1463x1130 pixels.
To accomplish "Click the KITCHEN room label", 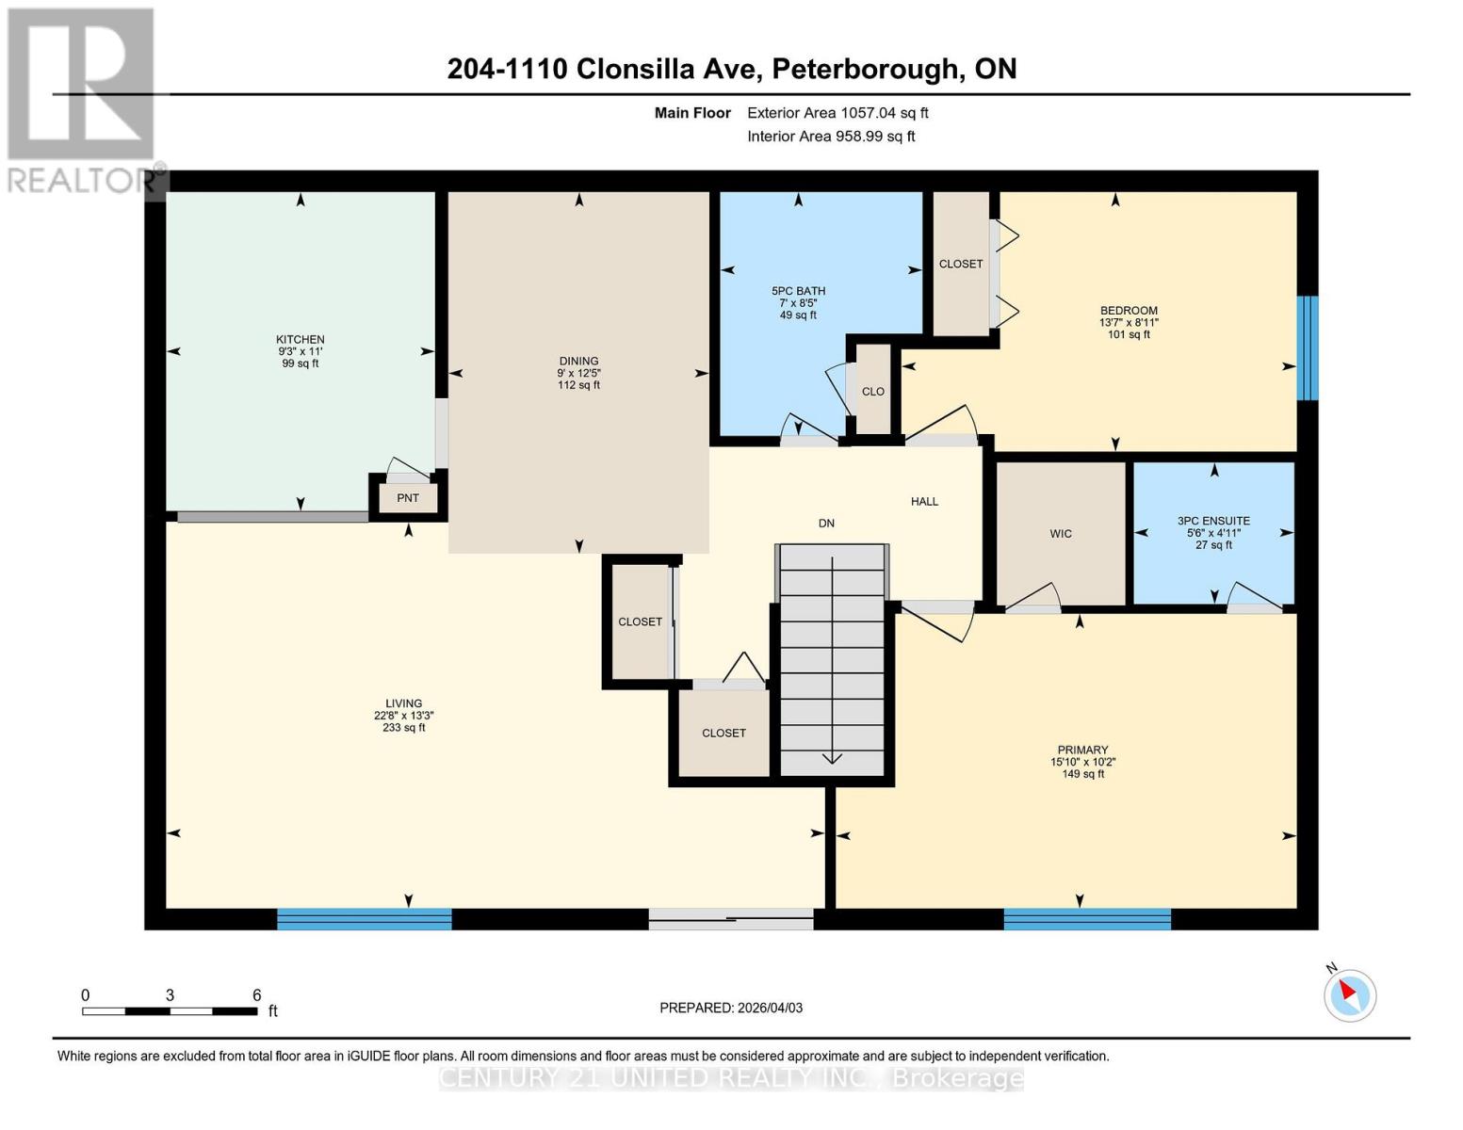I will click(x=300, y=339).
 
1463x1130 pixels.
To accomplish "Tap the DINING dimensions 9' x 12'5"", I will click(x=578, y=373).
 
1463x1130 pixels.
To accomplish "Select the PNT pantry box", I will click(x=408, y=497).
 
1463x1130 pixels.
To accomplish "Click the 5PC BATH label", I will click(x=798, y=291).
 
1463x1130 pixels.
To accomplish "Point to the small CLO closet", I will click(x=872, y=391).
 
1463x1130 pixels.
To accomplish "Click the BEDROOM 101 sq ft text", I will click(x=1129, y=334).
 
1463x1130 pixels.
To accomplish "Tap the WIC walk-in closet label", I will click(x=1061, y=533).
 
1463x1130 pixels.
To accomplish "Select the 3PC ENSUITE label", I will click(x=1213, y=521).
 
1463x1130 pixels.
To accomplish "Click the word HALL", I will click(x=924, y=501).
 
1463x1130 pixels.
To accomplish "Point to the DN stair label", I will click(x=826, y=523).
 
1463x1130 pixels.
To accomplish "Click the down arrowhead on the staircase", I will click(x=833, y=758).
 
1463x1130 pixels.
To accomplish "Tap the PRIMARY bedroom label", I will click(x=1082, y=751).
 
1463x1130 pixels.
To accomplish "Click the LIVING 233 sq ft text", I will click(x=403, y=727).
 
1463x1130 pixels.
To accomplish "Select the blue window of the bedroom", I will click(x=1307, y=347).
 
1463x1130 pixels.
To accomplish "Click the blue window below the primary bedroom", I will click(x=1087, y=918).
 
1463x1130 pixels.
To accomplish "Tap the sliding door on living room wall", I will click(x=731, y=918).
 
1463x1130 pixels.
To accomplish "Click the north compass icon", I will click(x=1349, y=994).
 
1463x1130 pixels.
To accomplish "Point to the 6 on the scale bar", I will click(x=257, y=994).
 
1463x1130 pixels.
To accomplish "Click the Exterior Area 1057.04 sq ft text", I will click(x=837, y=113).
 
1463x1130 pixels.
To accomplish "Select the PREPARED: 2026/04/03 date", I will click(x=731, y=1008).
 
